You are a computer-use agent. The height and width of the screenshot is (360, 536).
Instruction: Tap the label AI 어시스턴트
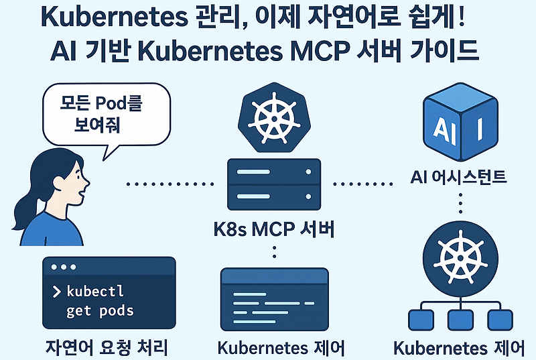[458, 177]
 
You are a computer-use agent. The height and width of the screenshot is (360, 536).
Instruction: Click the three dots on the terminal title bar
[64, 266]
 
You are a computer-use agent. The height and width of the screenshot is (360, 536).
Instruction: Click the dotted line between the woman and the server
[171, 182]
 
